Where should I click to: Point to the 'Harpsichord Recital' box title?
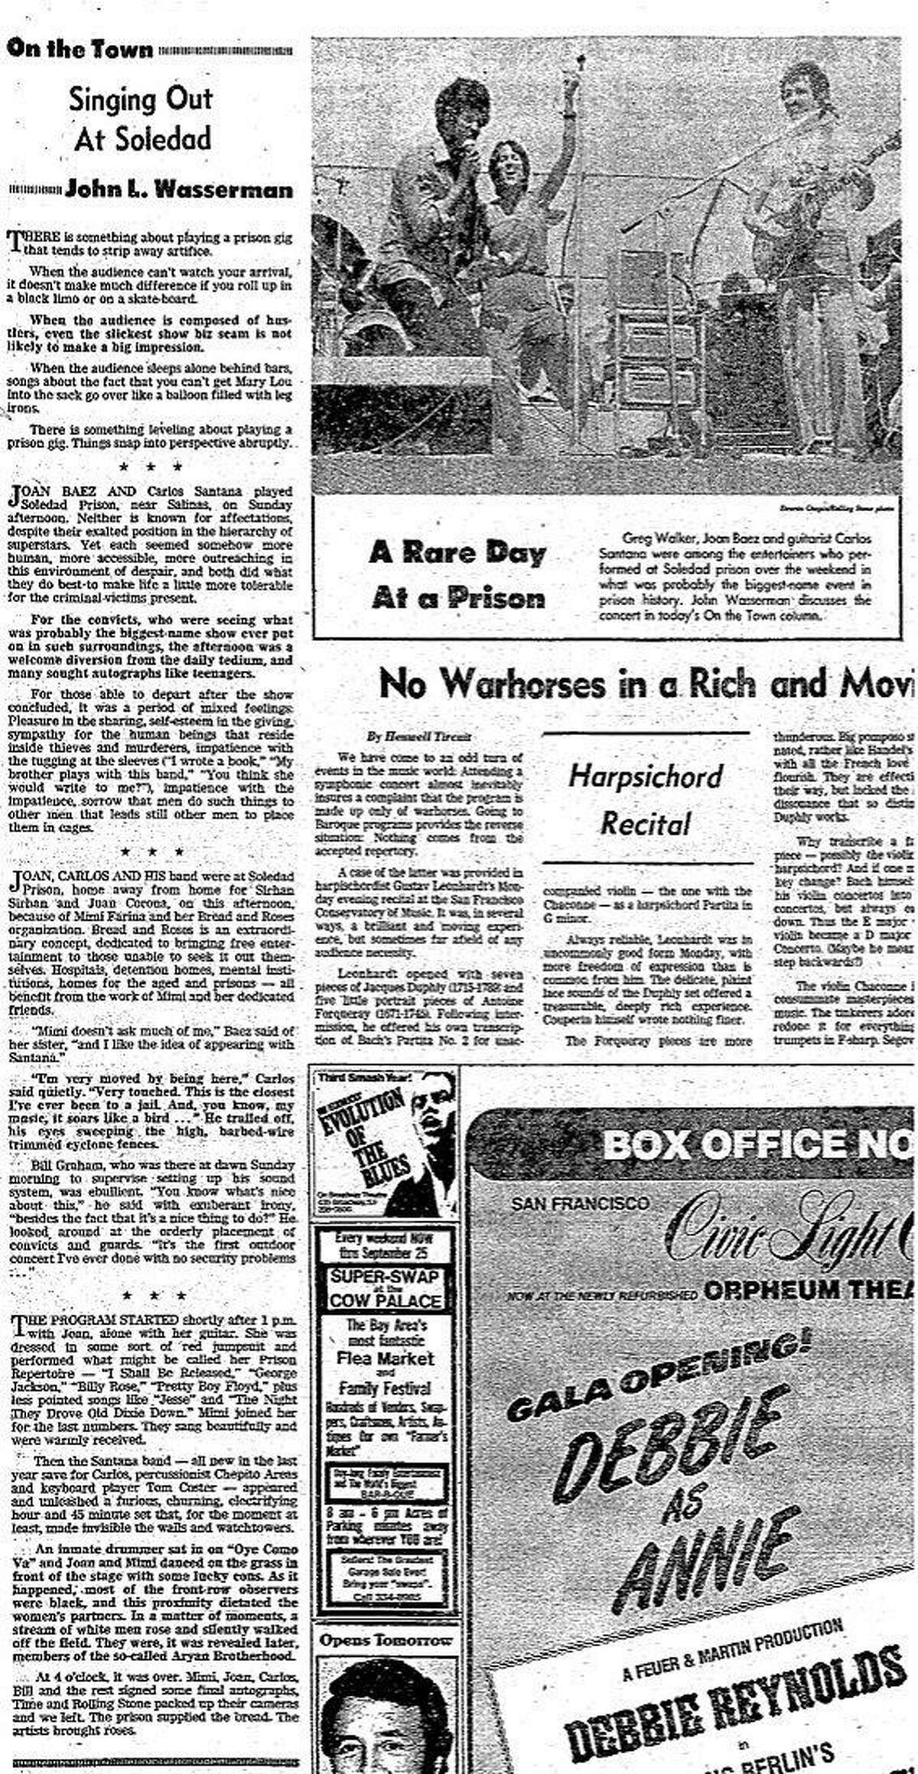coord(645,801)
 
